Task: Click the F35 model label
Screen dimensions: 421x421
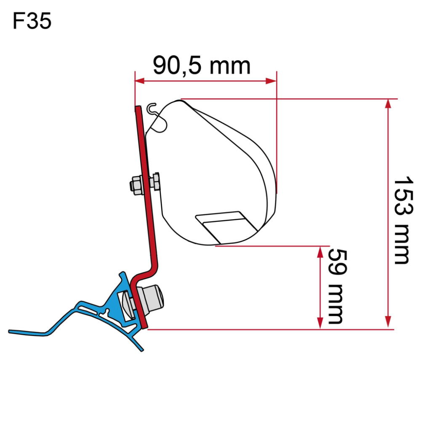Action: [x=32, y=21]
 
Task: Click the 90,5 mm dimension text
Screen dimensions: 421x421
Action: [x=201, y=66]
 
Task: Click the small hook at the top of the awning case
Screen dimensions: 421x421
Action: [x=152, y=108]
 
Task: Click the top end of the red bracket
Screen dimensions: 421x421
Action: [x=137, y=108]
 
